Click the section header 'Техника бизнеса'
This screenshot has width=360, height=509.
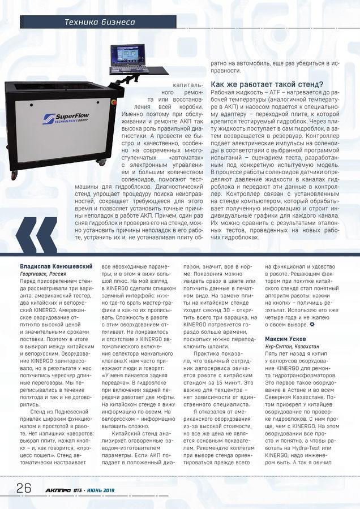pyautogui.click(x=99, y=23)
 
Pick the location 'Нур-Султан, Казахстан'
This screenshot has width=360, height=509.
pyautogui.click(x=292, y=346)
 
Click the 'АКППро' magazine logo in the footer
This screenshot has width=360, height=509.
pyautogui.click(x=54, y=489)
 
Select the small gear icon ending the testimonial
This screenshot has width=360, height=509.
pyautogui.click(x=311, y=326)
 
